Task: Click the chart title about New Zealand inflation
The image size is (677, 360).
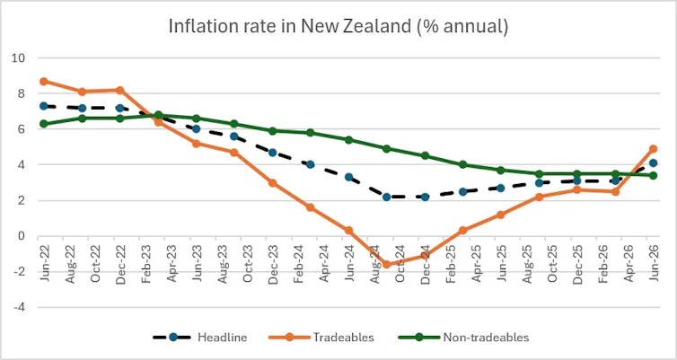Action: (x=338, y=26)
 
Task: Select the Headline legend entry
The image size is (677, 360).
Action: (x=200, y=338)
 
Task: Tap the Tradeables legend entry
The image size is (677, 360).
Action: (x=321, y=338)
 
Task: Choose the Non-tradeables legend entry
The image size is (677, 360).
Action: (x=462, y=338)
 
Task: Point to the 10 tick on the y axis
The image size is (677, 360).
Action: (x=20, y=57)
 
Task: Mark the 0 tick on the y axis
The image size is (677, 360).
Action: (x=22, y=236)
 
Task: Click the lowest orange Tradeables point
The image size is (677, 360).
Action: (x=387, y=265)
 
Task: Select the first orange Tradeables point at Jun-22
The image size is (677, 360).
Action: (x=44, y=81)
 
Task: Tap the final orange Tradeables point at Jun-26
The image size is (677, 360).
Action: (x=654, y=149)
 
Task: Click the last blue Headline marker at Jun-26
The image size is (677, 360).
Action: (x=654, y=162)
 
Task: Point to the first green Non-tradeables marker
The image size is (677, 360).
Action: (x=44, y=124)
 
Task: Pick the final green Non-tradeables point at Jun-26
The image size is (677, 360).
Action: (x=654, y=175)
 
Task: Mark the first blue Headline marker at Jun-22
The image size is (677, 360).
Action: (x=44, y=106)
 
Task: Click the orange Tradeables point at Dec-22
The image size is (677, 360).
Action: (x=120, y=90)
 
